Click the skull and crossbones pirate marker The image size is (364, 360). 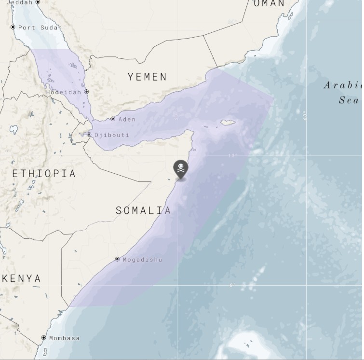click(180, 168)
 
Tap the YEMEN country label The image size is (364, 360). click(147, 77)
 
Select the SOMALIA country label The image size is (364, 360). click(143, 210)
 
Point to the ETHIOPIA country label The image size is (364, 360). click(44, 174)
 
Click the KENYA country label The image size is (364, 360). click(22, 278)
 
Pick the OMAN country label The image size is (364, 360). click(269, 4)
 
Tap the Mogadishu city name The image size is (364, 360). click(142, 260)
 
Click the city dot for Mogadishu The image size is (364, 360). click(117, 259)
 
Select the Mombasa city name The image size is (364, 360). click(64, 338)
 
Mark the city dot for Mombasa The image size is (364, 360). click(44, 338)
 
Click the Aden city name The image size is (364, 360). click(127, 119)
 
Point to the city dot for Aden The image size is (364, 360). click(113, 119)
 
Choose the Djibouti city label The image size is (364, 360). click(111, 135)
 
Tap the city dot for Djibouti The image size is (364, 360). click(89, 135)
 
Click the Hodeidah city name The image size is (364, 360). click(64, 92)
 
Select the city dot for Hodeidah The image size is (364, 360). click(87, 92)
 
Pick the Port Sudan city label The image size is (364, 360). click(40, 28)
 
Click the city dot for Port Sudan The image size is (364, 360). click(13, 27)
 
